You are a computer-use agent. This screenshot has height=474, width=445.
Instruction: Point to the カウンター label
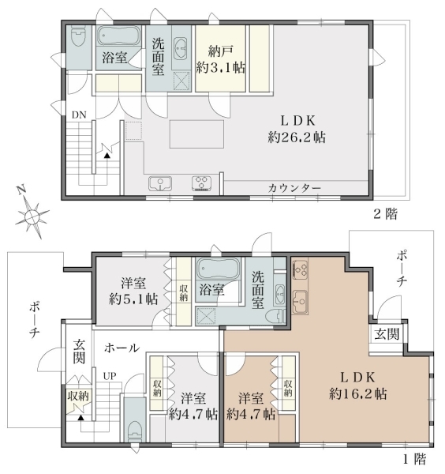(294, 188)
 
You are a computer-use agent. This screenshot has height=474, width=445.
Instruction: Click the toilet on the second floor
(79, 36)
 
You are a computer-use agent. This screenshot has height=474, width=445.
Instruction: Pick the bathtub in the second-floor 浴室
(118, 36)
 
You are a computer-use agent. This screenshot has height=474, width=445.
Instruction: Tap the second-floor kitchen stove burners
(202, 183)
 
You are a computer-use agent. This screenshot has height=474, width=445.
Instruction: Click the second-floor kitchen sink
(160, 183)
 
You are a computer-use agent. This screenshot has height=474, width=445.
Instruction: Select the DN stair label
(79, 115)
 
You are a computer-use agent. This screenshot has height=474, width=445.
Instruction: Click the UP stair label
(110, 376)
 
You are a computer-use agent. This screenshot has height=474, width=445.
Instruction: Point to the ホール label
(122, 348)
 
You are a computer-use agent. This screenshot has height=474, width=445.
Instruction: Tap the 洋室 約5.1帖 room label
(133, 292)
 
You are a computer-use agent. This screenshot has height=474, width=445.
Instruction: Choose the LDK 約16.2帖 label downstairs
(357, 386)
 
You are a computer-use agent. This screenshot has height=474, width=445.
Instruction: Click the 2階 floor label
(386, 214)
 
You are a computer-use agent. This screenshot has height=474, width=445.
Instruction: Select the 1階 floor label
(415, 460)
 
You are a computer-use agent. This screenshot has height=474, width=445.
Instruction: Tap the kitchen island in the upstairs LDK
(196, 134)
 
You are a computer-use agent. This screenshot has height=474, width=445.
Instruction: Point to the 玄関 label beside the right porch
(387, 334)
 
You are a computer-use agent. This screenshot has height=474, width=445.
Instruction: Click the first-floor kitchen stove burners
(300, 269)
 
